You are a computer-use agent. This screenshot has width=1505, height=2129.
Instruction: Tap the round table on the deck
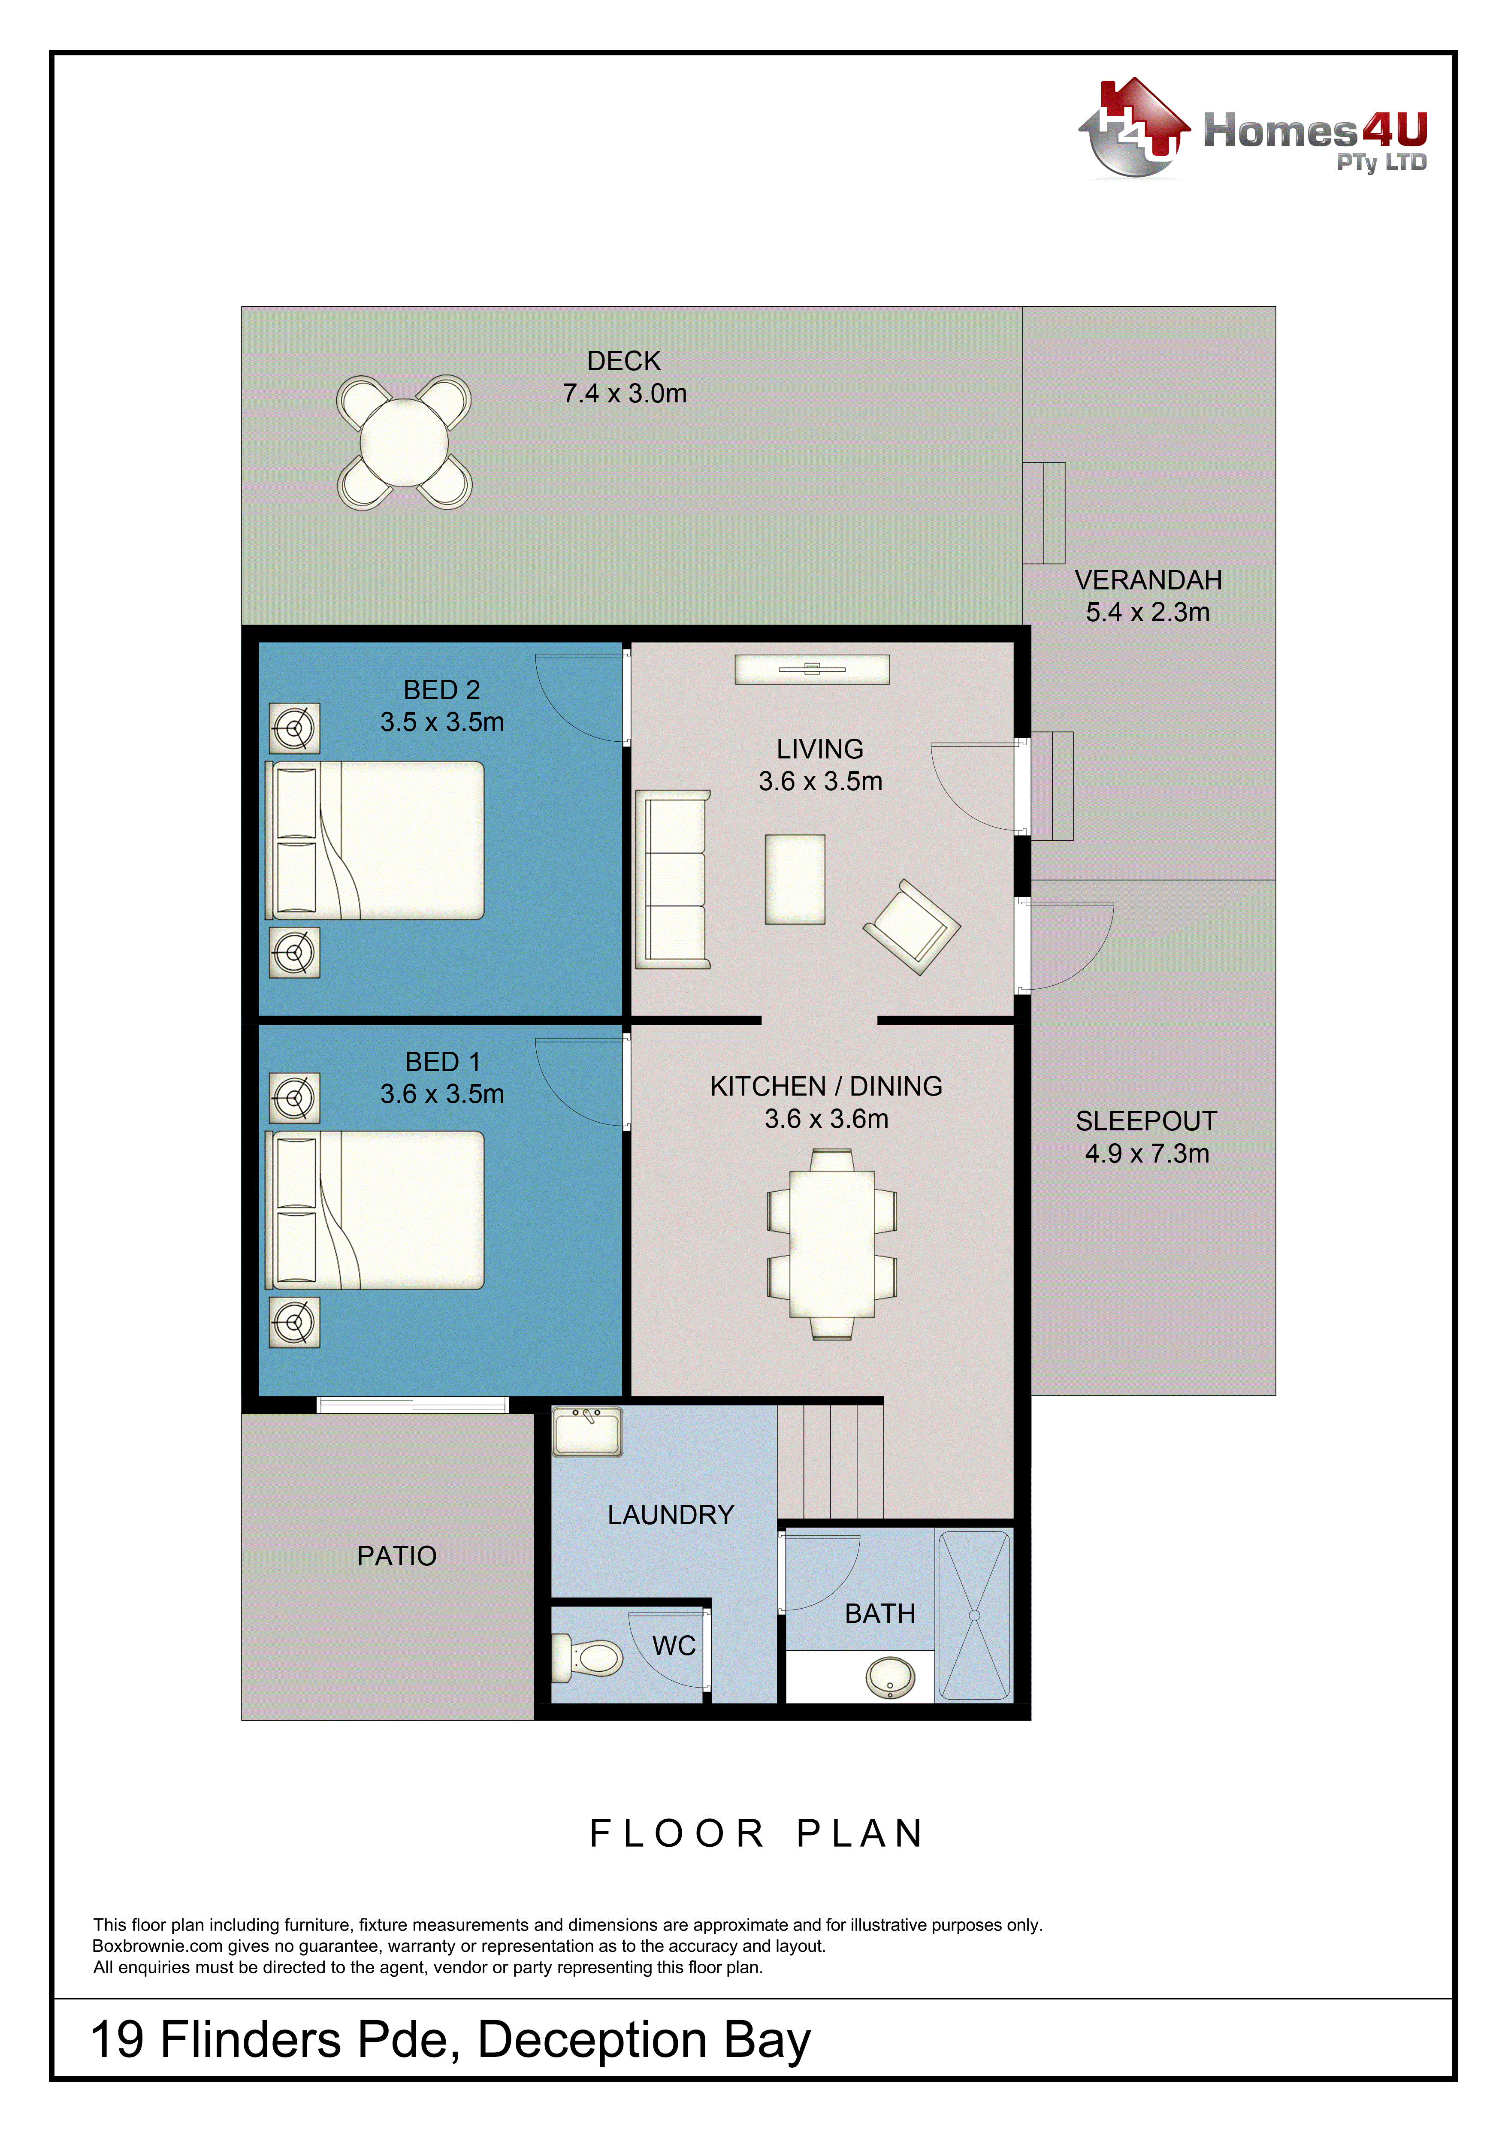coord(404,442)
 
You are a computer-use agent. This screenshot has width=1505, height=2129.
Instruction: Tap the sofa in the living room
coord(672,879)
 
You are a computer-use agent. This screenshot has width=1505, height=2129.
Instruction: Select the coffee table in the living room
coord(795,879)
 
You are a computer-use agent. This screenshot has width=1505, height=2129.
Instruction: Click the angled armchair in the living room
coord(912,926)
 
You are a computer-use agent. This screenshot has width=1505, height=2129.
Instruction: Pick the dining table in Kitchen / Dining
coord(832,1244)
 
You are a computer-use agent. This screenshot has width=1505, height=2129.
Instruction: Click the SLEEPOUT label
coord(1146,1121)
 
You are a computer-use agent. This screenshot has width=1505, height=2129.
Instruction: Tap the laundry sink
coord(587,1431)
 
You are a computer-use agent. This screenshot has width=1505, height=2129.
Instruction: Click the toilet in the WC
coord(588,1657)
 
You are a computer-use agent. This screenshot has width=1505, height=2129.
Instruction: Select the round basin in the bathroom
coord(890,1676)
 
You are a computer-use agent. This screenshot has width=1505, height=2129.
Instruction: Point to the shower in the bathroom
coord(974,1615)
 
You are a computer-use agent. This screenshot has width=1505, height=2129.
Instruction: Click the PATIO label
coord(397,1556)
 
